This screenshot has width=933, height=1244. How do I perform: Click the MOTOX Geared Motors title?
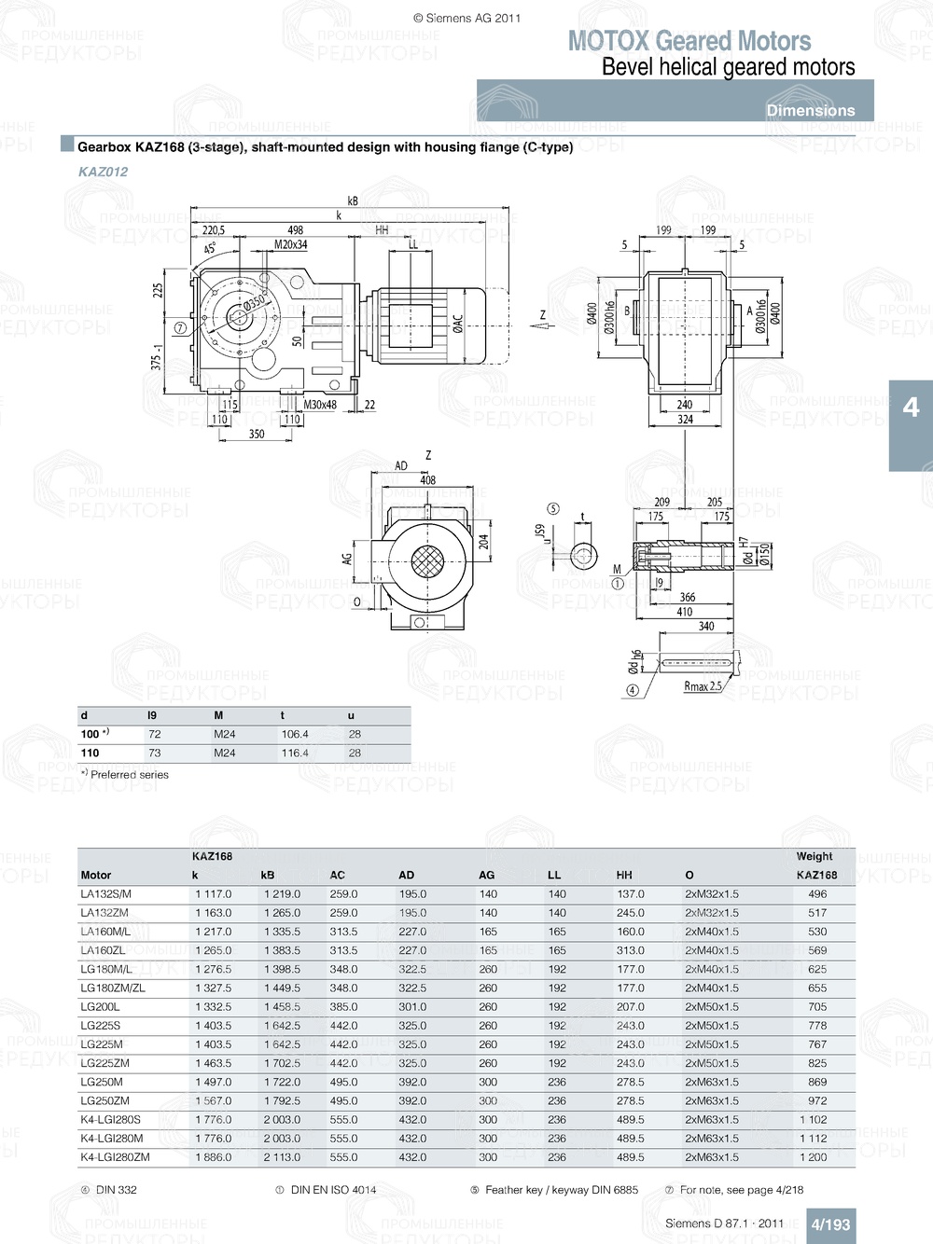click(689, 41)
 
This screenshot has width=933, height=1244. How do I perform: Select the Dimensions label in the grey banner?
click(810, 110)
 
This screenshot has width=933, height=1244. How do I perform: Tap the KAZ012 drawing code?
click(103, 172)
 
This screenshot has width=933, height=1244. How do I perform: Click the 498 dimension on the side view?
click(295, 230)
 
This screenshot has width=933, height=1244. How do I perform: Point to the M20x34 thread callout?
click(290, 245)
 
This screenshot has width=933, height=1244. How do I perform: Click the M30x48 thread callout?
click(320, 405)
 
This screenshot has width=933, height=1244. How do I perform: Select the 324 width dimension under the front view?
click(685, 420)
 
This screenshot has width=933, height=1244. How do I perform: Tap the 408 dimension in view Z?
click(427, 480)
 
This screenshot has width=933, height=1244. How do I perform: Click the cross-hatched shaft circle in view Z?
click(427, 562)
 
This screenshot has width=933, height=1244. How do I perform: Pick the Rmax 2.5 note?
click(703, 686)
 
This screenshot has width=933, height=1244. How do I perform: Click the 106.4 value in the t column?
click(295, 734)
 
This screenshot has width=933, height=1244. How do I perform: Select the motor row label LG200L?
click(100, 1007)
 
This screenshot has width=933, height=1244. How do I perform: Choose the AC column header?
click(337, 875)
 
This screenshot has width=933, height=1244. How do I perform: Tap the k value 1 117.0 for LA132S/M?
click(213, 893)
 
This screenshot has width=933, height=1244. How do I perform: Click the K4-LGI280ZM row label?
click(115, 1157)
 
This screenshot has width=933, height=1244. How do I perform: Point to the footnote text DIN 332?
click(116, 1190)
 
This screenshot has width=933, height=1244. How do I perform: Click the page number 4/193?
click(829, 1224)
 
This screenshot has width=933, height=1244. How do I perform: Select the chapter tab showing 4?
click(911, 408)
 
